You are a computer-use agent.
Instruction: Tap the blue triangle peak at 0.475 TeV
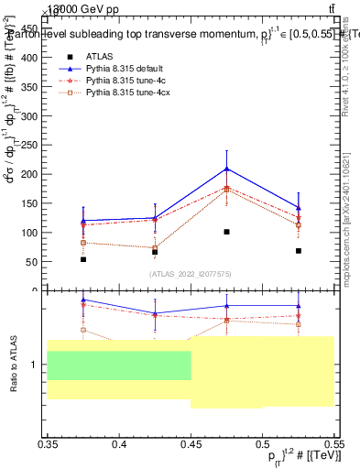pos(226,169)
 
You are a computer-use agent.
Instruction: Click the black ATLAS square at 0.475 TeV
pos(226,232)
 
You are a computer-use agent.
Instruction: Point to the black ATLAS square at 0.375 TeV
pos(83,259)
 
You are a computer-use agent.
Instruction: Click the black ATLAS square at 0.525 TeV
pos(299,250)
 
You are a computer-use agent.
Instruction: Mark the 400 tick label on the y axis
pos(31,57)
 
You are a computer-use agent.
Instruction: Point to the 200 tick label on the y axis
pos(31,174)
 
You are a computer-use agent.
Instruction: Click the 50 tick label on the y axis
pos(34,262)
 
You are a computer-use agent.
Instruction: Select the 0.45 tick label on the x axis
pos(191,444)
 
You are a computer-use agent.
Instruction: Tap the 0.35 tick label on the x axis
pos(48,444)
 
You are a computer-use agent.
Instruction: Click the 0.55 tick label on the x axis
pos(333,444)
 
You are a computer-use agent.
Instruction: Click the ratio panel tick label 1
pos(37,365)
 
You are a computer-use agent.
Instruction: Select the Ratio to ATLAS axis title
pos(14,365)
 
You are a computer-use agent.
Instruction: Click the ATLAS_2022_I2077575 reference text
pos(191,274)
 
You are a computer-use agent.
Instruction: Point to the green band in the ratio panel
pos(119,365)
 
